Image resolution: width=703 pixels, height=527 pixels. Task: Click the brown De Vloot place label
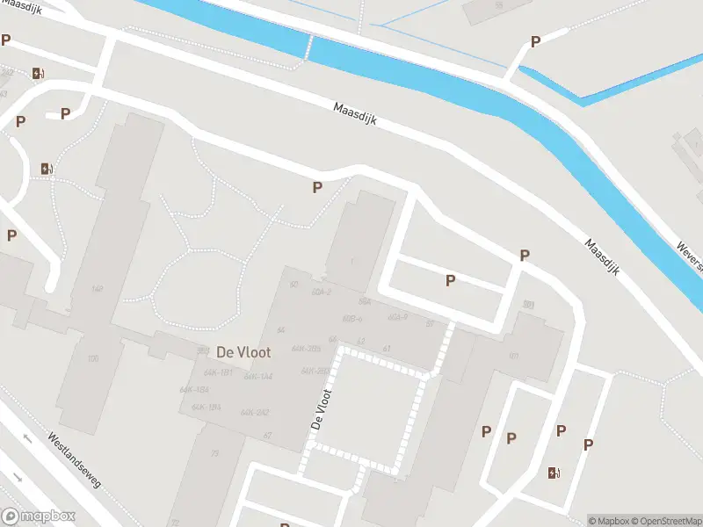click(243, 351)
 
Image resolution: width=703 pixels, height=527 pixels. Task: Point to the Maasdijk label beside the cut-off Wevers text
click(603, 259)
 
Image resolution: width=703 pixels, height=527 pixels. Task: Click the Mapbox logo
click(39, 516)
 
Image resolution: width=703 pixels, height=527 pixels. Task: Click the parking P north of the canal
click(535, 41)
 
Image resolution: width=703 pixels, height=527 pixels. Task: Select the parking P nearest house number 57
click(451, 280)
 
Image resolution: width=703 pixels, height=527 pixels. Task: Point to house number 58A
click(366, 301)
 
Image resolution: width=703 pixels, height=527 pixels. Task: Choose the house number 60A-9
click(398, 316)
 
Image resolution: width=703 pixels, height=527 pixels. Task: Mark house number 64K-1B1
click(218, 373)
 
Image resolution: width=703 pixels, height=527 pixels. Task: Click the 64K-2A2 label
click(256, 411)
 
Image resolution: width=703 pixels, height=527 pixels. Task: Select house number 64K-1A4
click(258, 376)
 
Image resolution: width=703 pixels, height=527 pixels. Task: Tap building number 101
click(513, 357)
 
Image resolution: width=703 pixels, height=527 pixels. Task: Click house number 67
click(266, 435)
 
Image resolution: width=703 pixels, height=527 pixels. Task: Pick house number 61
click(387, 349)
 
